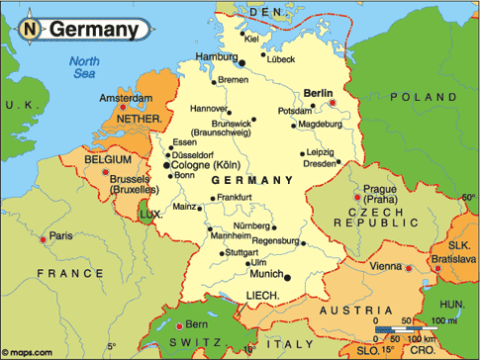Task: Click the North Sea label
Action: click(x=85, y=69)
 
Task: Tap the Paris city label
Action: click(x=62, y=235)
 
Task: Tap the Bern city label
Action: click(x=197, y=324)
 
